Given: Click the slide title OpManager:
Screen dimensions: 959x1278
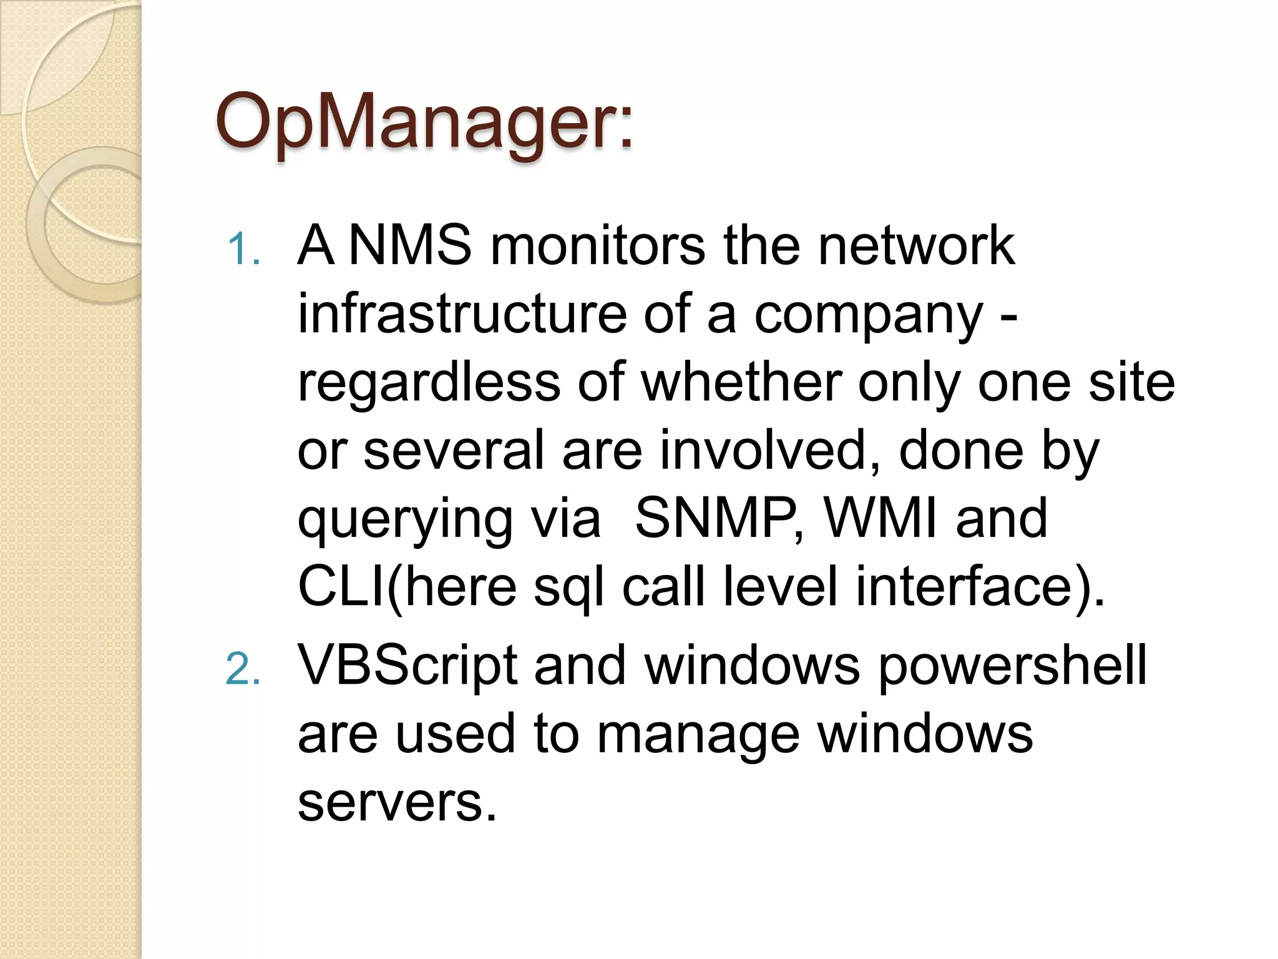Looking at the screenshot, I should pos(424,122).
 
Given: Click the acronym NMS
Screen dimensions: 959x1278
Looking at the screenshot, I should pos(409,245).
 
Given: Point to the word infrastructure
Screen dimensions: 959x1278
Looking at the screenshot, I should pos(462,313).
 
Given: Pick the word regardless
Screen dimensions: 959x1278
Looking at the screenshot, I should pos(429,382).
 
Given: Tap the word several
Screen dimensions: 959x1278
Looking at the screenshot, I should pos(454,450).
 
